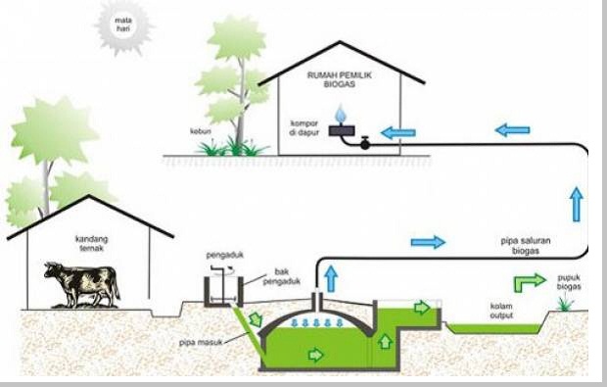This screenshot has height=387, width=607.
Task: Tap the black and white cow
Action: [81, 284]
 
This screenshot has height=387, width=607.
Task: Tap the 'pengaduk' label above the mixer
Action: [222, 256]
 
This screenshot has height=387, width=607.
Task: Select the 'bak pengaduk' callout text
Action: [276, 284]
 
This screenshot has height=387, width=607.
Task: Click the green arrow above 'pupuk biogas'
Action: [530, 281]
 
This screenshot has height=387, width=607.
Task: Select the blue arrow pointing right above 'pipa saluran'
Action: [428, 241]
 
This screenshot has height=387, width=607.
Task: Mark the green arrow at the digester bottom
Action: [315, 355]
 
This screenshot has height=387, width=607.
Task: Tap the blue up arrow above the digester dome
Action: [330, 279]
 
